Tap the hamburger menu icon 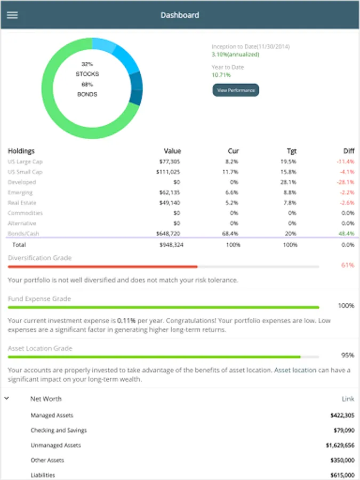pos(12,15)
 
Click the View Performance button pos(236,90)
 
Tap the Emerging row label pos(20,193)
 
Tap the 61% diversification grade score pos(348,265)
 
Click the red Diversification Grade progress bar pos(102,267)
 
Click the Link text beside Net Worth pos(348,399)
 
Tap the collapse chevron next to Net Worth pos(7,398)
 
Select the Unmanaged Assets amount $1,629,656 pos(340,445)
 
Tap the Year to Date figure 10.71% pos(221,75)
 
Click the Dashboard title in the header pos(180,15)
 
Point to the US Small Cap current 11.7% pos(230,172)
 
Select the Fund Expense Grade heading pos(39,299)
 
